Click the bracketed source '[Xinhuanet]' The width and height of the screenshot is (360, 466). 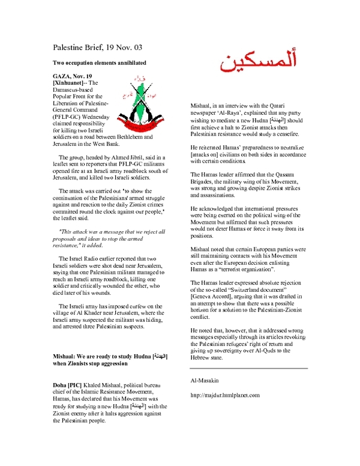pyautogui.click(x=71, y=83)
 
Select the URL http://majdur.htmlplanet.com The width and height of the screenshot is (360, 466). pyautogui.click(x=224, y=395)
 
